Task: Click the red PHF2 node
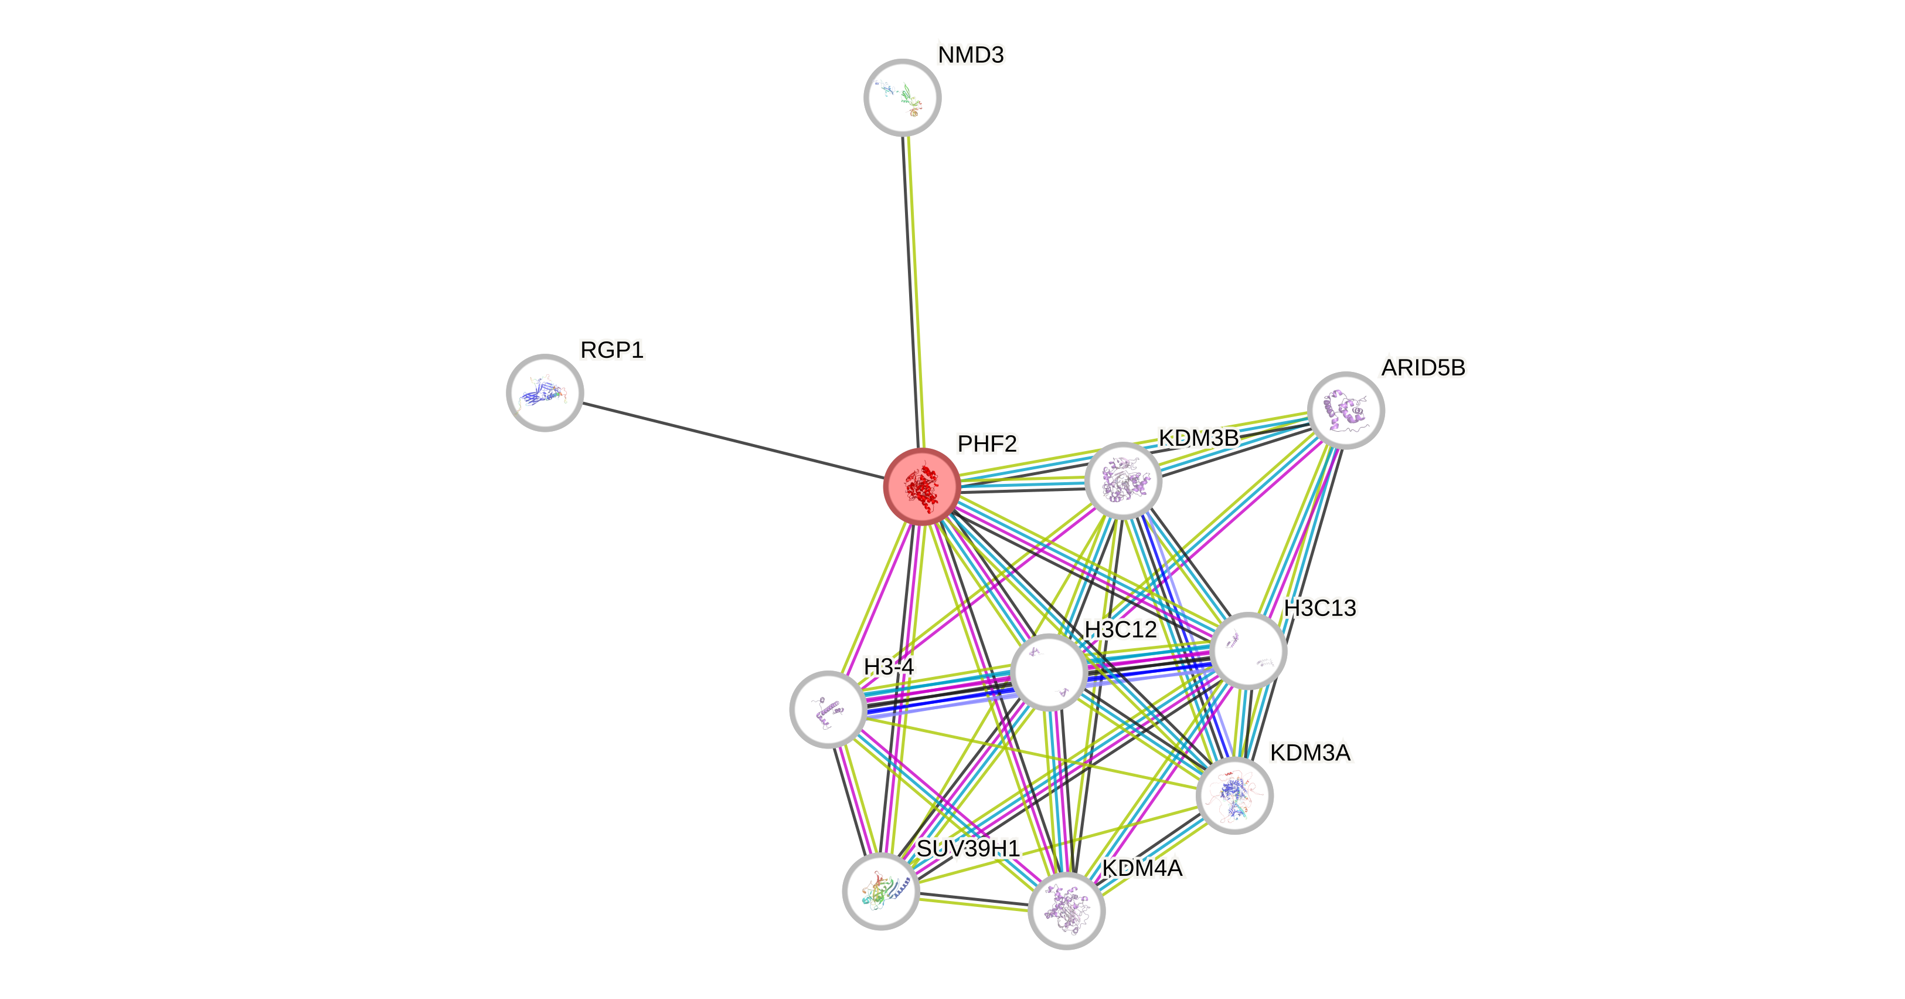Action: pyautogui.click(x=921, y=486)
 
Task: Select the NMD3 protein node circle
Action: pyautogui.click(x=902, y=98)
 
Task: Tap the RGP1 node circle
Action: pyautogui.click(x=545, y=392)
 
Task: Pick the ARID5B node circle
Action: pyautogui.click(x=1346, y=410)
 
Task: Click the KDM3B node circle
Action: pyautogui.click(x=1122, y=481)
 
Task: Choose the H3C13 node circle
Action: pyautogui.click(x=1249, y=651)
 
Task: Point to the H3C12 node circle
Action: pyautogui.click(x=1049, y=672)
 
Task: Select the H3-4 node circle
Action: pyautogui.click(x=828, y=709)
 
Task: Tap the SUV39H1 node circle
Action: pyautogui.click(x=881, y=891)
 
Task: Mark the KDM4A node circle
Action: pyautogui.click(x=1066, y=910)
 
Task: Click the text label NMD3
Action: pyautogui.click(x=971, y=55)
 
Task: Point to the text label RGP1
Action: pyautogui.click(x=611, y=350)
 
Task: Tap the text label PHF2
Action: pyautogui.click(x=987, y=444)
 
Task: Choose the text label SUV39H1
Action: pyautogui.click(x=969, y=848)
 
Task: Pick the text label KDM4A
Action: pyautogui.click(x=1142, y=869)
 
